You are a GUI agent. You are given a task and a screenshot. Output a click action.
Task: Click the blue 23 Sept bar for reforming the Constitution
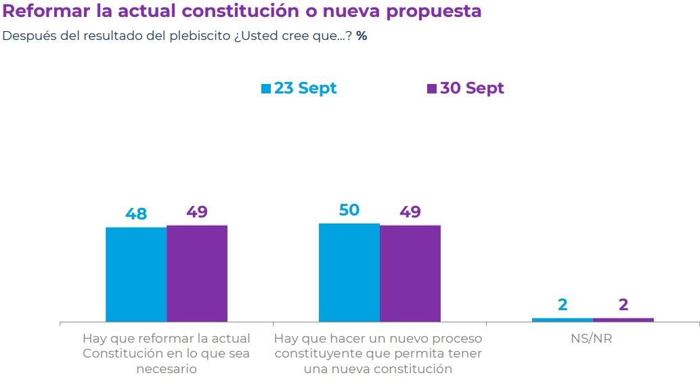(136, 274)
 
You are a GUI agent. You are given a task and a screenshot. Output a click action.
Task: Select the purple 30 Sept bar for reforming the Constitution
(197, 274)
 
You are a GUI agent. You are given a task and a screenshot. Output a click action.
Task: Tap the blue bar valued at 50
(349, 272)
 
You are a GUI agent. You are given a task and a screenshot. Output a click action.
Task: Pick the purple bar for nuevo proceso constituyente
(410, 274)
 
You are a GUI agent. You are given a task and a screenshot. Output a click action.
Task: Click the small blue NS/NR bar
(563, 320)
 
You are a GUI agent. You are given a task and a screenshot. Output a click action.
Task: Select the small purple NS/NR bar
(624, 320)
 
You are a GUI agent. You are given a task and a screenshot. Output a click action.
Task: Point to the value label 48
(136, 214)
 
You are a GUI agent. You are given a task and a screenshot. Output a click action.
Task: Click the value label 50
(349, 210)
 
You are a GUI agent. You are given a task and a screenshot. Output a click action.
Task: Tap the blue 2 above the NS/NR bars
(563, 305)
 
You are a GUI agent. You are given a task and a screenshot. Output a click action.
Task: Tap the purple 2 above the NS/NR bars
(624, 305)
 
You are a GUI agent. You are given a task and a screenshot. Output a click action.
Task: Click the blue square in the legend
(266, 89)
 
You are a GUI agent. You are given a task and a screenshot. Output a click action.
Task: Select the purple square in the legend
(432, 89)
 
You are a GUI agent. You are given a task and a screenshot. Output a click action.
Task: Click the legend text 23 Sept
(305, 88)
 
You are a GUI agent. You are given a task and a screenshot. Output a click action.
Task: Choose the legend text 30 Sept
(472, 88)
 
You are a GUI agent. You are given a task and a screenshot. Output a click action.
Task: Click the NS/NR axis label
(592, 338)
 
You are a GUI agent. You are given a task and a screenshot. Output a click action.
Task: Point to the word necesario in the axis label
(167, 369)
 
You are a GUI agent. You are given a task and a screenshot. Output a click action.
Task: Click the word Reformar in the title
(40, 12)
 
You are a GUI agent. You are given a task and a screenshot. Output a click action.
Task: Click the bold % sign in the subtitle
(362, 36)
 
